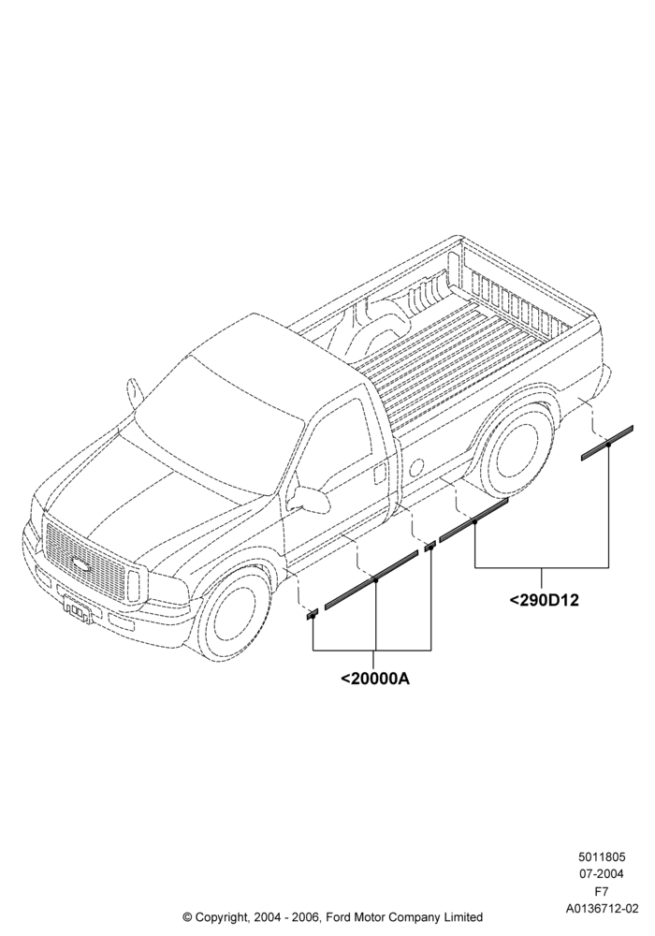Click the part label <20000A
pyautogui.click(x=374, y=679)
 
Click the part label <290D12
pyautogui.click(x=544, y=600)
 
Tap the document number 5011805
pyautogui.click(x=602, y=857)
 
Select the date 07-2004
pyautogui.click(x=602, y=874)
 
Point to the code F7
pyautogui.click(x=602, y=892)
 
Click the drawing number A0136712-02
pyautogui.click(x=602, y=909)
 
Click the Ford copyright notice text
pyautogui.click(x=332, y=917)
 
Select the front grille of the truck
pyautogui.click(x=83, y=558)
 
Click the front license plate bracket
pyautogui.click(x=77, y=609)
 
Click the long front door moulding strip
pyautogui.click(x=371, y=579)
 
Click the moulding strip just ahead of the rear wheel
pyautogui.click(x=473, y=519)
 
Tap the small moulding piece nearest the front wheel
pyautogui.click(x=312, y=615)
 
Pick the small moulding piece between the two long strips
pyautogui.click(x=429, y=547)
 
